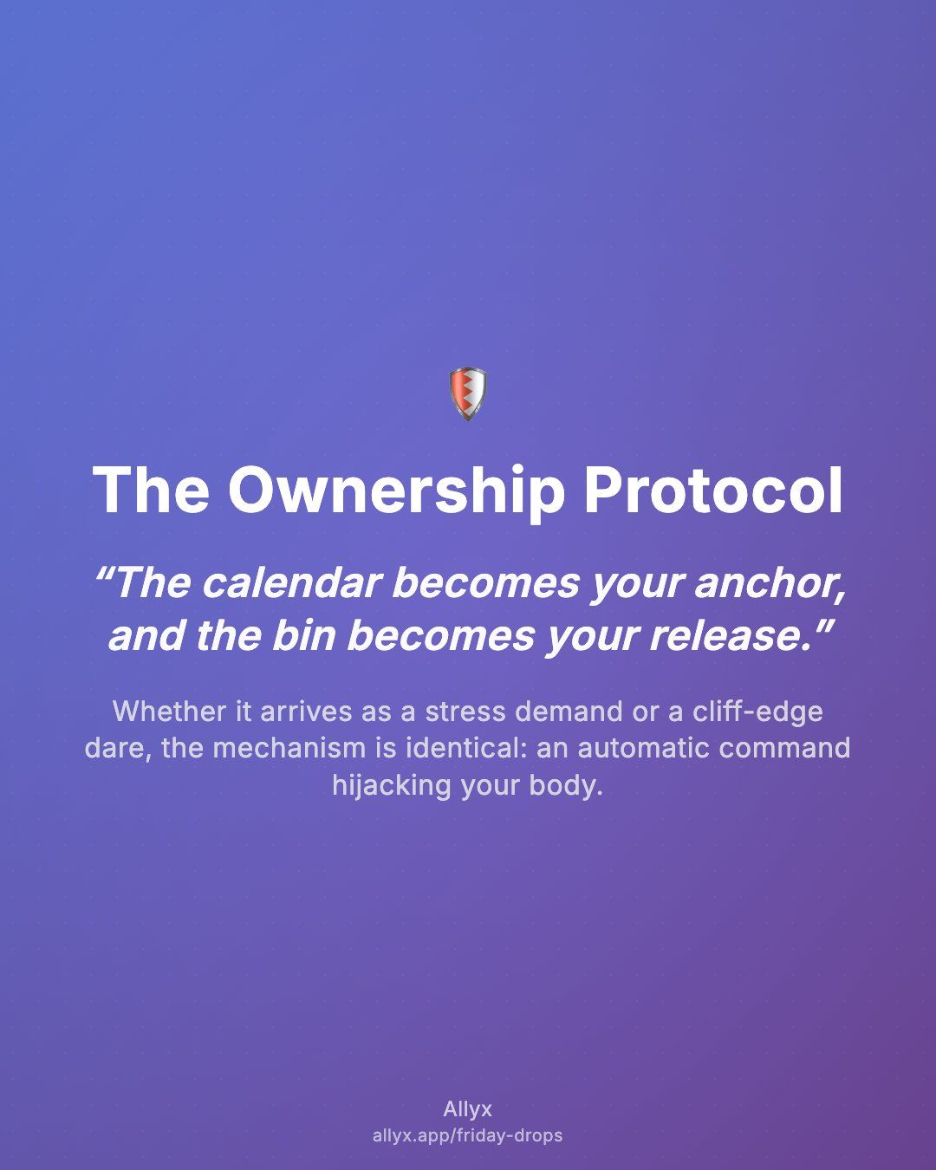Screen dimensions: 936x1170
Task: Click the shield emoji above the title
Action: point(468,394)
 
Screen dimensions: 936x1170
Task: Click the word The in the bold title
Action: point(151,490)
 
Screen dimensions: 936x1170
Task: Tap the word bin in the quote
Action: point(304,635)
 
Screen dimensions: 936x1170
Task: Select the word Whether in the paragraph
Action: point(169,712)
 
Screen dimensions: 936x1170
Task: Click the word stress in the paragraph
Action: point(465,712)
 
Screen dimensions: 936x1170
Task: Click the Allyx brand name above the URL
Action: point(468,1109)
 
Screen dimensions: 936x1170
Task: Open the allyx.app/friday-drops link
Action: point(468,1136)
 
